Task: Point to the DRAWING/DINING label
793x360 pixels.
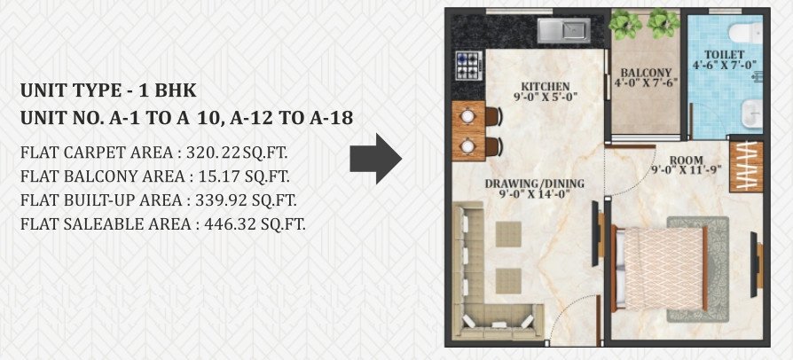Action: click(535, 184)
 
